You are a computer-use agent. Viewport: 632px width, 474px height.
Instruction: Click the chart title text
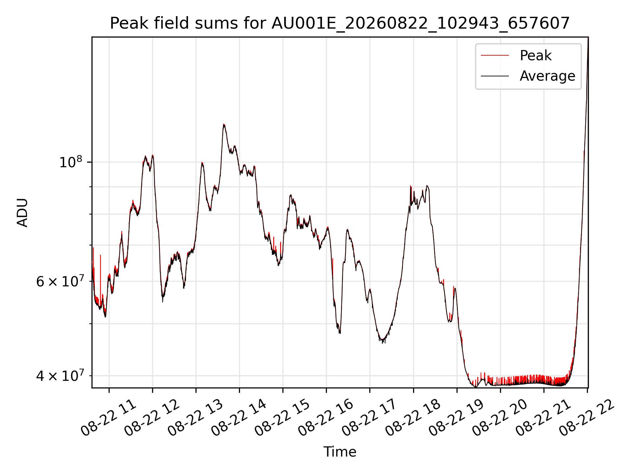(x=340, y=23)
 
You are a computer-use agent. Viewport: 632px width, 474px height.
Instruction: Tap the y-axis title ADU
(x=22, y=213)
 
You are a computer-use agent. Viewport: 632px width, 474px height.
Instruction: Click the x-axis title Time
(x=340, y=452)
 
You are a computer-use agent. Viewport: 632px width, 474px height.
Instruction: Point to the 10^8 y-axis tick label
(x=71, y=162)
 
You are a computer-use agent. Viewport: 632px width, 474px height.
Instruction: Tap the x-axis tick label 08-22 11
(x=109, y=418)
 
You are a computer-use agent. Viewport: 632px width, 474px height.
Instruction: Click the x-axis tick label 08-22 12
(x=152, y=418)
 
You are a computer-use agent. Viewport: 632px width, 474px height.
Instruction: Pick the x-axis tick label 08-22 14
(x=239, y=418)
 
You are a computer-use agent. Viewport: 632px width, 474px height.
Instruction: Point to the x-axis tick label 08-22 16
(x=326, y=418)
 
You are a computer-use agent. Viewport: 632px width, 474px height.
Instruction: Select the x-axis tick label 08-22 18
(x=413, y=418)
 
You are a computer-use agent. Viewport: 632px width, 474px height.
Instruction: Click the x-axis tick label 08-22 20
(x=500, y=418)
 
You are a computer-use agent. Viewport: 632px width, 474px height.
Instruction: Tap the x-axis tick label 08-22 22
(x=587, y=418)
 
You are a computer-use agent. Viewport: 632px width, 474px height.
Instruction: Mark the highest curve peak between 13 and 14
(x=224, y=124)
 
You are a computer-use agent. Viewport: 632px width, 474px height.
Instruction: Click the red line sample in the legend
(x=495, y=55)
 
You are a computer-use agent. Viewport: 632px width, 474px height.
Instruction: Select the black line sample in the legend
(x=495, y=76)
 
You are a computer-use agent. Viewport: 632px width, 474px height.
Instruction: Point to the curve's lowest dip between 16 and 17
(x=382, y=343)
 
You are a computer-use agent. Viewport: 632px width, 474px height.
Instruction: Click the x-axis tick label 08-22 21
(x=543, y=418)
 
